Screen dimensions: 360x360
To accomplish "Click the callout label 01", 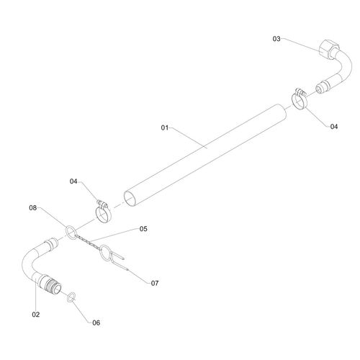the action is pos(165,127).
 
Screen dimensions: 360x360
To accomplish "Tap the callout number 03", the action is pos(276,39).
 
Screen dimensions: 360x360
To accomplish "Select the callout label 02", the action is pos(36,315).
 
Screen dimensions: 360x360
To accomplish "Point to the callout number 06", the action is pos(96,323).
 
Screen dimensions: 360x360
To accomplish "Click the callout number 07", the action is pos(155,283).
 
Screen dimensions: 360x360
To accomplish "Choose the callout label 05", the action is pos(143,229).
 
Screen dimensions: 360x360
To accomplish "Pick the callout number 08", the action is pos(33,208).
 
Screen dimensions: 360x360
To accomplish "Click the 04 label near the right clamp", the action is pos(334,127).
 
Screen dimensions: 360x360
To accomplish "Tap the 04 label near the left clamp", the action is pos(73,181).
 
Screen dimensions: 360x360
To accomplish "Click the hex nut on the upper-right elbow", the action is pos(328,49).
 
